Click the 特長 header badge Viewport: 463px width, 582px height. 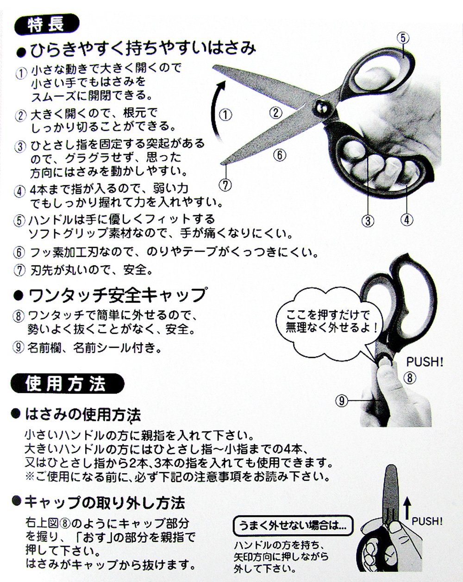46,25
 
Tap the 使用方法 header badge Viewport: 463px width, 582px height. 68,384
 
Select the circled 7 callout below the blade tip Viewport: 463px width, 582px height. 226,185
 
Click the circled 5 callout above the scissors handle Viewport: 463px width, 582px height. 403,38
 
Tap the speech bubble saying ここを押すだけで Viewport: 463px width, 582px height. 329,323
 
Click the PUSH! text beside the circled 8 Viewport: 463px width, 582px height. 425,362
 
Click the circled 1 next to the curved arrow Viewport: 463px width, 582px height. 225,115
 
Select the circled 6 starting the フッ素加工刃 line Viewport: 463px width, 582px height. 19,252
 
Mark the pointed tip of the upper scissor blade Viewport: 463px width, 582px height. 213,66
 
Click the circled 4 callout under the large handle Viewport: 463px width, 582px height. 407,219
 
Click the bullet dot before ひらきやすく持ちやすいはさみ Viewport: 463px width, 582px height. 22,52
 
